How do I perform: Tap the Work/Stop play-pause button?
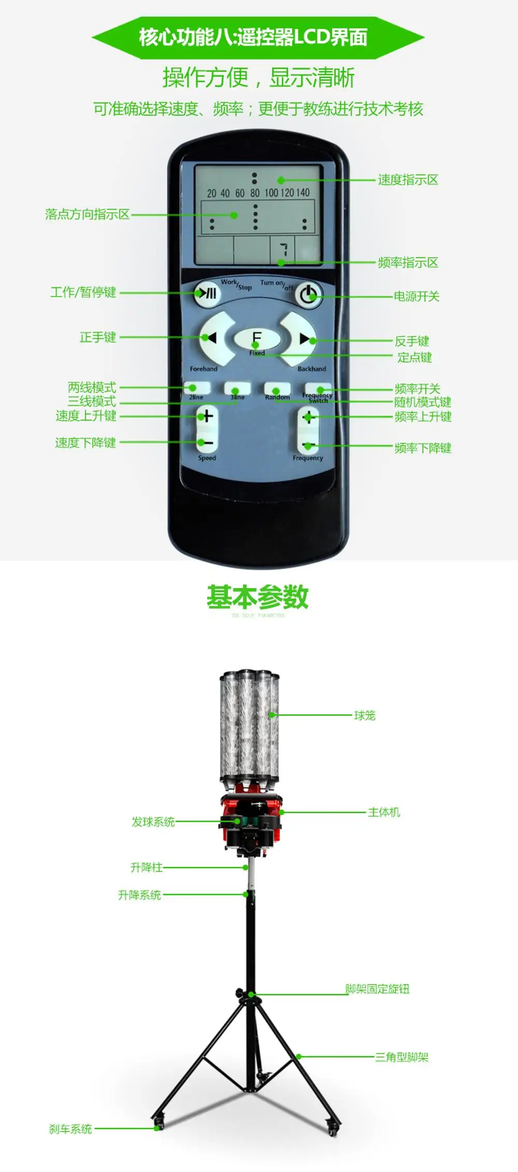(x=207, y=294)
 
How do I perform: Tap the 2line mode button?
(x=197, y=388)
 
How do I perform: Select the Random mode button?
(x=277, y=389)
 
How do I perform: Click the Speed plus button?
(x=207, y=416)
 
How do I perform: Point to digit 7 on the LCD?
(x=283, y=250)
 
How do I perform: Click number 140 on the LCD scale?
(x=303, y=193)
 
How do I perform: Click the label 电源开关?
(x=416, y=296)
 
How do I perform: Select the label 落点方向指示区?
(x=87, y=214)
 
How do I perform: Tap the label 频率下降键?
(x=423, y=448)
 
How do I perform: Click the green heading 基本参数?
(x=257, y=597)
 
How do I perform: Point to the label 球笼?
(x=365, y=715)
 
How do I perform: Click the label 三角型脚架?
(x=402, y=1057)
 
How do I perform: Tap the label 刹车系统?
(x=70, y=1129)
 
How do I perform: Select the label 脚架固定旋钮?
(x=377, y=989)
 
